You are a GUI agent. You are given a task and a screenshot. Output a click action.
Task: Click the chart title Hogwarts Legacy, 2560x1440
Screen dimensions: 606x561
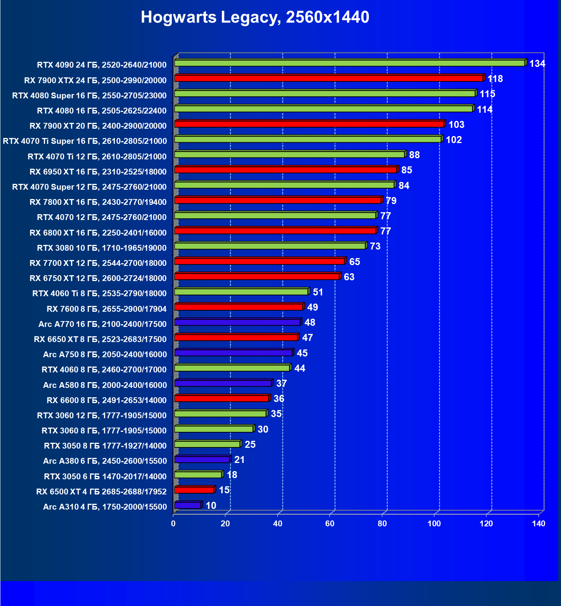pos(255,17)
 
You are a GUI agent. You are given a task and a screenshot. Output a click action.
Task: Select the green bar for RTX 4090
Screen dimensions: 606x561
pos(350,63)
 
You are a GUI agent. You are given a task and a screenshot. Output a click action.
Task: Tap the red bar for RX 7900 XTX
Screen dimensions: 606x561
pos(329,78)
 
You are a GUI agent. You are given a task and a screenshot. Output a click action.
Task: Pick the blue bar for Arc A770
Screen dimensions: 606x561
pos(237,322)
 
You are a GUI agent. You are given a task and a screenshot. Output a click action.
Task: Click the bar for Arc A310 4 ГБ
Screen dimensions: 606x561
pos(188,505)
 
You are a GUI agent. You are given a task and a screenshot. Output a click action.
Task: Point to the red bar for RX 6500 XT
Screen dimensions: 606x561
pos(194,490)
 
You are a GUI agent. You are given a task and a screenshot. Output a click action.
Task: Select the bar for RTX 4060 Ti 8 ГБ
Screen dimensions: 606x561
pos(241,292)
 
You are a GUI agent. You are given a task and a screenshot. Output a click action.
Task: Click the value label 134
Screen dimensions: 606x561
pos(537,64)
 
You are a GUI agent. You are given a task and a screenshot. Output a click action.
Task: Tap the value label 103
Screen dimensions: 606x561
pos(456,125)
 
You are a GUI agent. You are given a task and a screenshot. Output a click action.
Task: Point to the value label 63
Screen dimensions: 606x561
pos(349,277)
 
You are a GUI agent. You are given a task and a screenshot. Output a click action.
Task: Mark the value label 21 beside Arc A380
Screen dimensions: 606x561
pos(239,460)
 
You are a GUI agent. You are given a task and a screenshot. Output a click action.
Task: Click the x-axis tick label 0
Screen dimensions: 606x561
pos(173,524)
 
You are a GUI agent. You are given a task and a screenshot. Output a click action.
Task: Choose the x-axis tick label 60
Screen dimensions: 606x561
pos(330,524)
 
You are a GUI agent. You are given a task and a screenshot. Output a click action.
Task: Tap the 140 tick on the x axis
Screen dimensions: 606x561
pos(538,524)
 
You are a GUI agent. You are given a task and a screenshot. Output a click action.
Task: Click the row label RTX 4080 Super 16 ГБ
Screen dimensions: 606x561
pos(89,96)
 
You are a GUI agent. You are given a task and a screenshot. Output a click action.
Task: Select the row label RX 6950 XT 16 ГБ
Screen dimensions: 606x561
pos(98,172)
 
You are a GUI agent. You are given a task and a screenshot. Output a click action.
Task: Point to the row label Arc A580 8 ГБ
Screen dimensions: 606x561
pos(105,385)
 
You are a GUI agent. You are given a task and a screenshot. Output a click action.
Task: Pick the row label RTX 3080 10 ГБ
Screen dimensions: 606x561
pos(102,248)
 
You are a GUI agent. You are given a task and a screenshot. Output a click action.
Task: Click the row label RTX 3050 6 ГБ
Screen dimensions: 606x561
pos(105,477)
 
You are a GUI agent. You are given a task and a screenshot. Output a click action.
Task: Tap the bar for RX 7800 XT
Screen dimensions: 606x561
pos(278,200)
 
